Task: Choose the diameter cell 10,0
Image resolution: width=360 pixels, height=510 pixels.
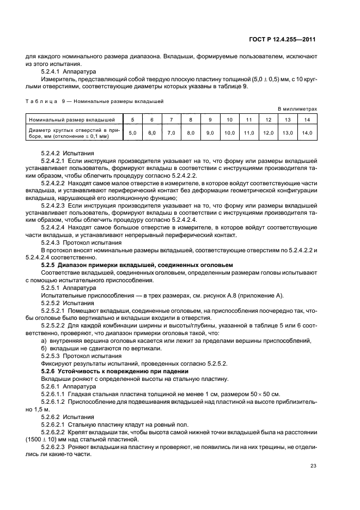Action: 229,132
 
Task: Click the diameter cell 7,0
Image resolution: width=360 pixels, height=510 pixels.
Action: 171,132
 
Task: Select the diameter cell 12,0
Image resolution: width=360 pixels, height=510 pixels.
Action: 268,132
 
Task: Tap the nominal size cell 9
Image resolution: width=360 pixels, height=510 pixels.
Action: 210,119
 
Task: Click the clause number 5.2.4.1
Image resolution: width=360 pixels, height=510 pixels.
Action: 51,71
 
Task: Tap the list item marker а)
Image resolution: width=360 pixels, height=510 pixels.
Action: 44,341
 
